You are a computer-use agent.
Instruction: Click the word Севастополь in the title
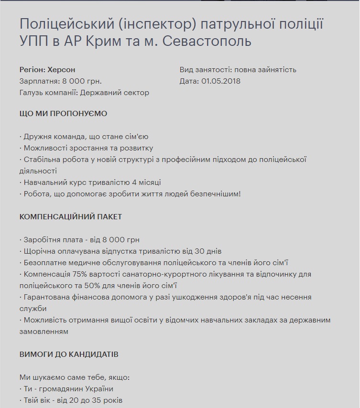(x=207, y=42)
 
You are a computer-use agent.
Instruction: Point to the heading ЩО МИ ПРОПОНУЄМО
(x=64, y=114)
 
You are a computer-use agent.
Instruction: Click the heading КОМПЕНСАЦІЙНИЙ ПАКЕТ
(x=71, y=216)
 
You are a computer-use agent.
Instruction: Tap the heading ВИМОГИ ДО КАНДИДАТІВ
(x=69, y=354)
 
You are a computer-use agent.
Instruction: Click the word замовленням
(x=44, y=331)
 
